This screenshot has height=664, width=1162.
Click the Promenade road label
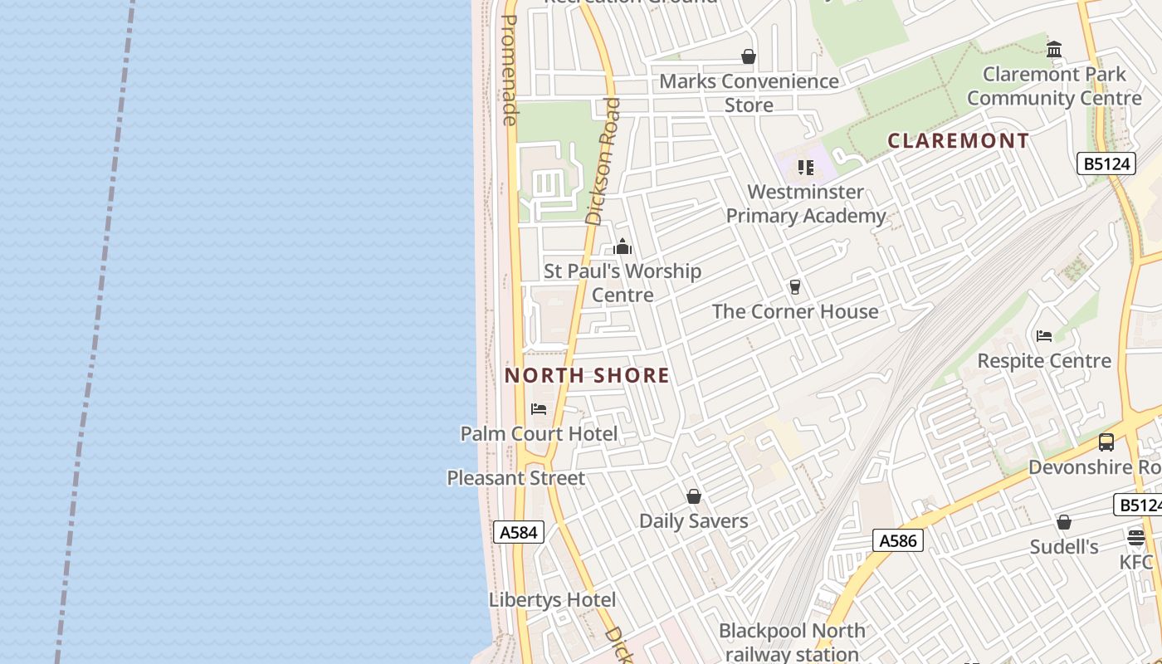pos(510,71)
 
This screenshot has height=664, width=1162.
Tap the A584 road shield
pos(519,532)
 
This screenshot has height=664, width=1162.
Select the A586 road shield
pos(898,541)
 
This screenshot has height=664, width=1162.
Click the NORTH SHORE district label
pos(587,375)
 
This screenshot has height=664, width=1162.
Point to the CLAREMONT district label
pos(959,140)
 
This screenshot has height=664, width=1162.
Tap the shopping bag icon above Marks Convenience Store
pos(749,56)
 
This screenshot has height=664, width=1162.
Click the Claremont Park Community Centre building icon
pos(1054,50)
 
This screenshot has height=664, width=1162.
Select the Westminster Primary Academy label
pos(805,204)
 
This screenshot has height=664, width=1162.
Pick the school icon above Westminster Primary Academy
pos(805,168)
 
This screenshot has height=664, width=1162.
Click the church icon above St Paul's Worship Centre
pos(622,247)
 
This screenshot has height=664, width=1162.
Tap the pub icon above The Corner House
pos(795,287)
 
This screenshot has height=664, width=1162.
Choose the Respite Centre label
pos(1044,360)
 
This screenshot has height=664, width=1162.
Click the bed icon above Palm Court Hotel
pos(539,408)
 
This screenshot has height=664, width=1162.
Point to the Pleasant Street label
pos(515,478)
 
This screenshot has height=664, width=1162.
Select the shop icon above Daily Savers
pos(694,496)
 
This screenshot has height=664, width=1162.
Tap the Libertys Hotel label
pos(552,600)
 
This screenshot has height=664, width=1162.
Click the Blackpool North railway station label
pos(792,642)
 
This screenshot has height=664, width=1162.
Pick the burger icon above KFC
pos(1136,538)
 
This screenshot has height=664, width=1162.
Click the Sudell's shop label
pos(1064,547)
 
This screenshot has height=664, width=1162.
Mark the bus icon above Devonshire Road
pos(1106,442)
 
